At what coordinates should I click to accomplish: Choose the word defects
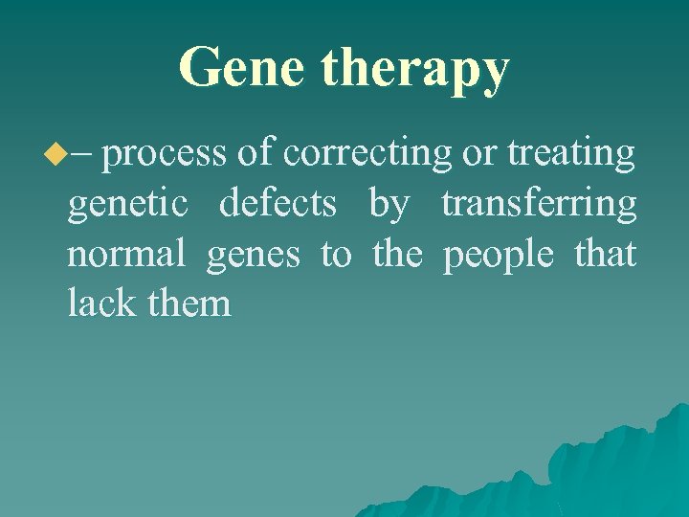pyautogui.click(x=278, y=204)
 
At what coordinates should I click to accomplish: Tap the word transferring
pyautogui.click(x=539, y=205)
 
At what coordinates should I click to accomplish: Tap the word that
pyautogui.click(x=606, y=255)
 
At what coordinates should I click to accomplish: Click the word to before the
pyautogui.click(x=335, y=256)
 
